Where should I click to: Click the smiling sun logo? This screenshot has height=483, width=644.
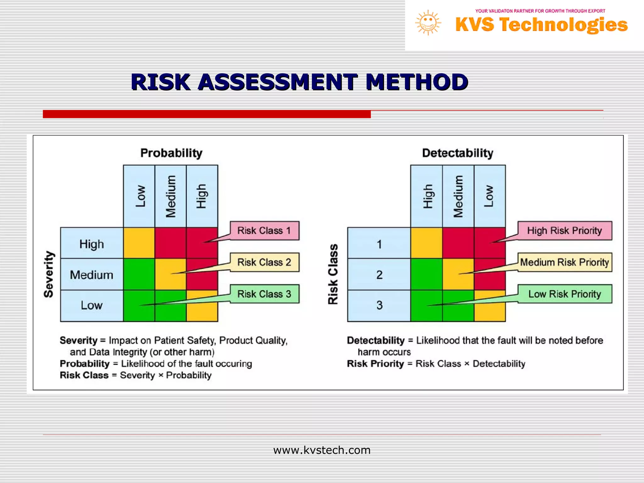(x=428, y=23)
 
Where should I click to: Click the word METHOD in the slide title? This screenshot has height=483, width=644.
(x=417, y=82)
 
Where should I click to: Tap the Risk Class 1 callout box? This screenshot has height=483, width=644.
(x=264, y=231)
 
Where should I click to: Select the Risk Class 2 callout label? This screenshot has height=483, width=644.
(x=264, y=262)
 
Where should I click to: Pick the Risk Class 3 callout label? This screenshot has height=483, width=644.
(x=264, y=294)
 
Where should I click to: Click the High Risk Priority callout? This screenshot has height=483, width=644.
(x=564, y=231)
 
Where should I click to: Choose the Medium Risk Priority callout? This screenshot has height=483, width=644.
(x=564, y=262)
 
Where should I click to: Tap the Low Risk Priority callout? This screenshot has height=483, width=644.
(x=564, y=294)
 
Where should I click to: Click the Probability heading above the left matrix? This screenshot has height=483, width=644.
(x=171, y=153)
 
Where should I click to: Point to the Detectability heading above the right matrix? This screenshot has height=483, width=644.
(x=458, y=153)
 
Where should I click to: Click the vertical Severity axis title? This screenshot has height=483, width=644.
(x=49, y=274)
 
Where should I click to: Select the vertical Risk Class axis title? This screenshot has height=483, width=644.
(x=333, y=274)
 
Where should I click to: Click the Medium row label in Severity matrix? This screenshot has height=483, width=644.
(x=92, y=275)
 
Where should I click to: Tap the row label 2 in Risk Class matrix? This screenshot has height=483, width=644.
(x=379, y=275)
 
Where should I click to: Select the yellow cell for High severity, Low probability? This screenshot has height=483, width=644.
(x=139, y=243)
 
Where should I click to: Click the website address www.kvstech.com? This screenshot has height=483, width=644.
(x=322, y=450)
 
